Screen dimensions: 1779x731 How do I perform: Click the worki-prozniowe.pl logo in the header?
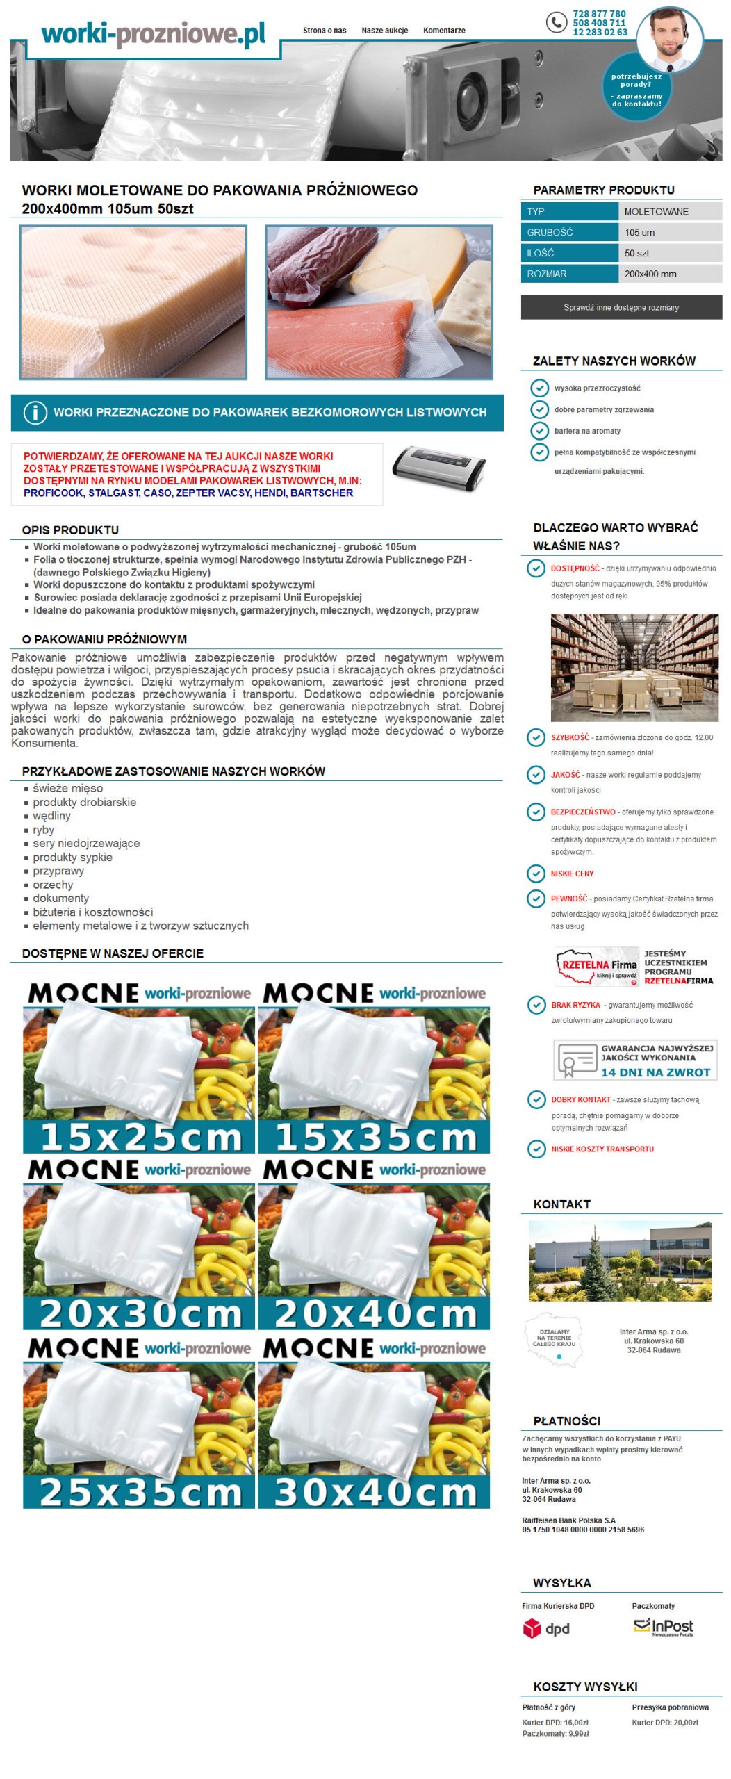[x=153, y=33]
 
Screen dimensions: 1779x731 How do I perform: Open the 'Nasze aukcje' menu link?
[x=384, y=31]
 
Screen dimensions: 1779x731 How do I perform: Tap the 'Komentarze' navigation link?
[x=444, y=31]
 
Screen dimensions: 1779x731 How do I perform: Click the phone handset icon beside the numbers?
[x=556, y=23]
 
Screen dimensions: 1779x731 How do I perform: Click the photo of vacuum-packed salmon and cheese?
[x=379, y=302]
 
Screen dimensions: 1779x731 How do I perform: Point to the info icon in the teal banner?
[x=35, y=413]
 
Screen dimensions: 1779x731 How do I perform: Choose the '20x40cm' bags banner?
[x=374, y=1244]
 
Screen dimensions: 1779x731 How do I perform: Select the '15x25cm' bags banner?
[x=139, y=1067]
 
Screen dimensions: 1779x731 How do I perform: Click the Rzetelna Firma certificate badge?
[x=597, y=967]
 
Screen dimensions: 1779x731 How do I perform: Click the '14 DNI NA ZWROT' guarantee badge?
[x=635, y=1060]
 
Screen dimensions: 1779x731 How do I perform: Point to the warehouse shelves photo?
[x=634, y=668]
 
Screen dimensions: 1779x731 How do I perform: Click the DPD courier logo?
[x=546, y=1628]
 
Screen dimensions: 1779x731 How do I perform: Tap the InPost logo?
[x=663, y=1627]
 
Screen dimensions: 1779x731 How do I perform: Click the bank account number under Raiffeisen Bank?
[x=583, y=1530]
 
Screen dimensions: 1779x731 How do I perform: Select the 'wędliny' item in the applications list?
[x=51, y=816]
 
